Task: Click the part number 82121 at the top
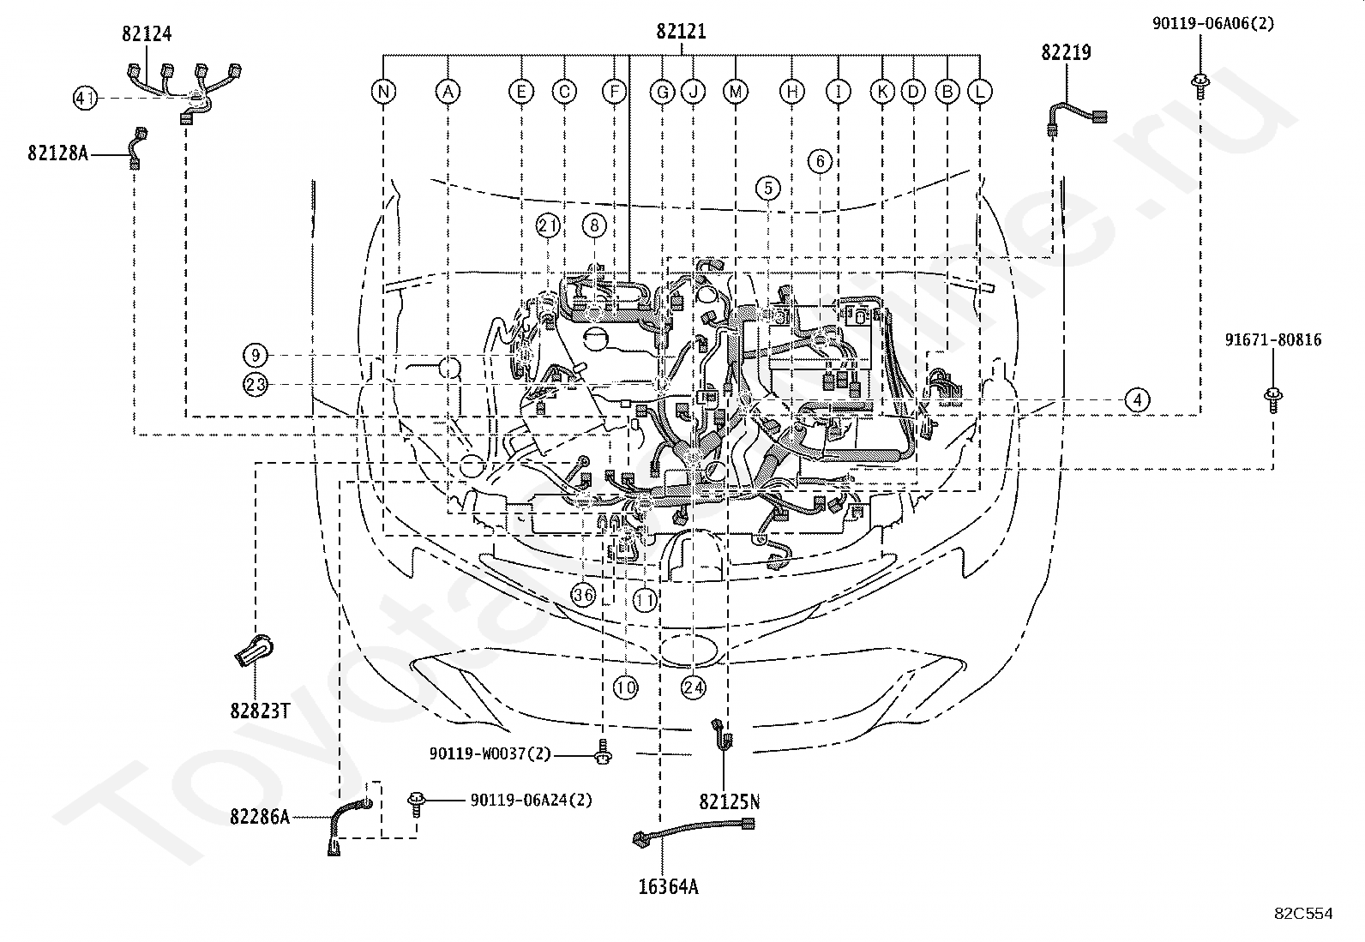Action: tap(682, 31)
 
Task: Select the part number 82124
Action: tap(147, 33)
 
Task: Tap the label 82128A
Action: tap(58, 153)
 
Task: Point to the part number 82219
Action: tap(1066, 52)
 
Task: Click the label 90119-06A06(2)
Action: tap(1212, 24)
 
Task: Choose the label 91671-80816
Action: tap(1273, 340)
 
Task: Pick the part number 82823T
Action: tap(260, 711)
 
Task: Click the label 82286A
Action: tap(260, 817)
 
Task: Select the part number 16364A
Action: tap(669, 886)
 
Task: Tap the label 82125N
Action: tap(730, 802)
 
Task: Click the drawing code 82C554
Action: tap(1303, 914)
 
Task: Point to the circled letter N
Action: tap(383, 92)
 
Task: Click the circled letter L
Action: tap(980, 92)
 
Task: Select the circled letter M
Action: tap(736, 92)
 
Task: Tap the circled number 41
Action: tap(85, 98)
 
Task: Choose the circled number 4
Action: tap(1137, 400)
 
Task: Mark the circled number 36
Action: tap(583, 594)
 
